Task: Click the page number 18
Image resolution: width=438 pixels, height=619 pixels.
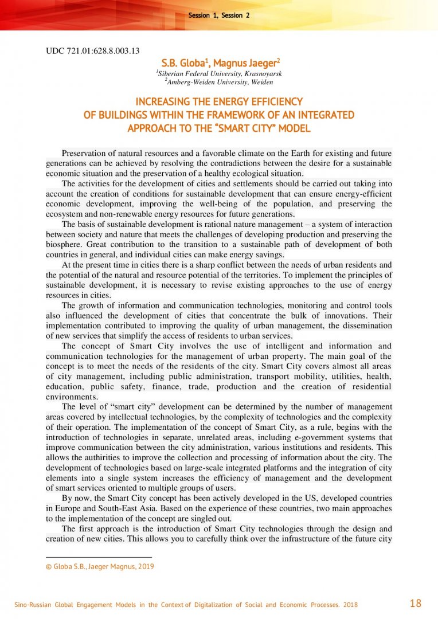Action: click(416, 603)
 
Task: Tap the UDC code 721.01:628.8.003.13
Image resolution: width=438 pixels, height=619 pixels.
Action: click(92, 50)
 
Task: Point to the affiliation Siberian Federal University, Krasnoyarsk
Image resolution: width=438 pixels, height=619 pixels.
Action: click(218, 73)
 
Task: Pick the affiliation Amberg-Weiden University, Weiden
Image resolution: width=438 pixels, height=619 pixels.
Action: click(219, 83)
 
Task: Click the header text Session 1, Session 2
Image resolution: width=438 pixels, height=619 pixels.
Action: click(219, 15)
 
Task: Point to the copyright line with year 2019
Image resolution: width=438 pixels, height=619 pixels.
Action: click(100, 567)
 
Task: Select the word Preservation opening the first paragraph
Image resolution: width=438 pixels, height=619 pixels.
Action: click(87, 154)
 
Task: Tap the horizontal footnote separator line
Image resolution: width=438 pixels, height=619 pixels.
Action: click(99, 557)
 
